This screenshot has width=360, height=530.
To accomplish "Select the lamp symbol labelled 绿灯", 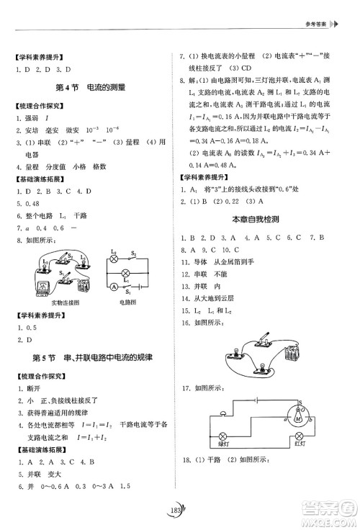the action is tap(223, 436).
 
